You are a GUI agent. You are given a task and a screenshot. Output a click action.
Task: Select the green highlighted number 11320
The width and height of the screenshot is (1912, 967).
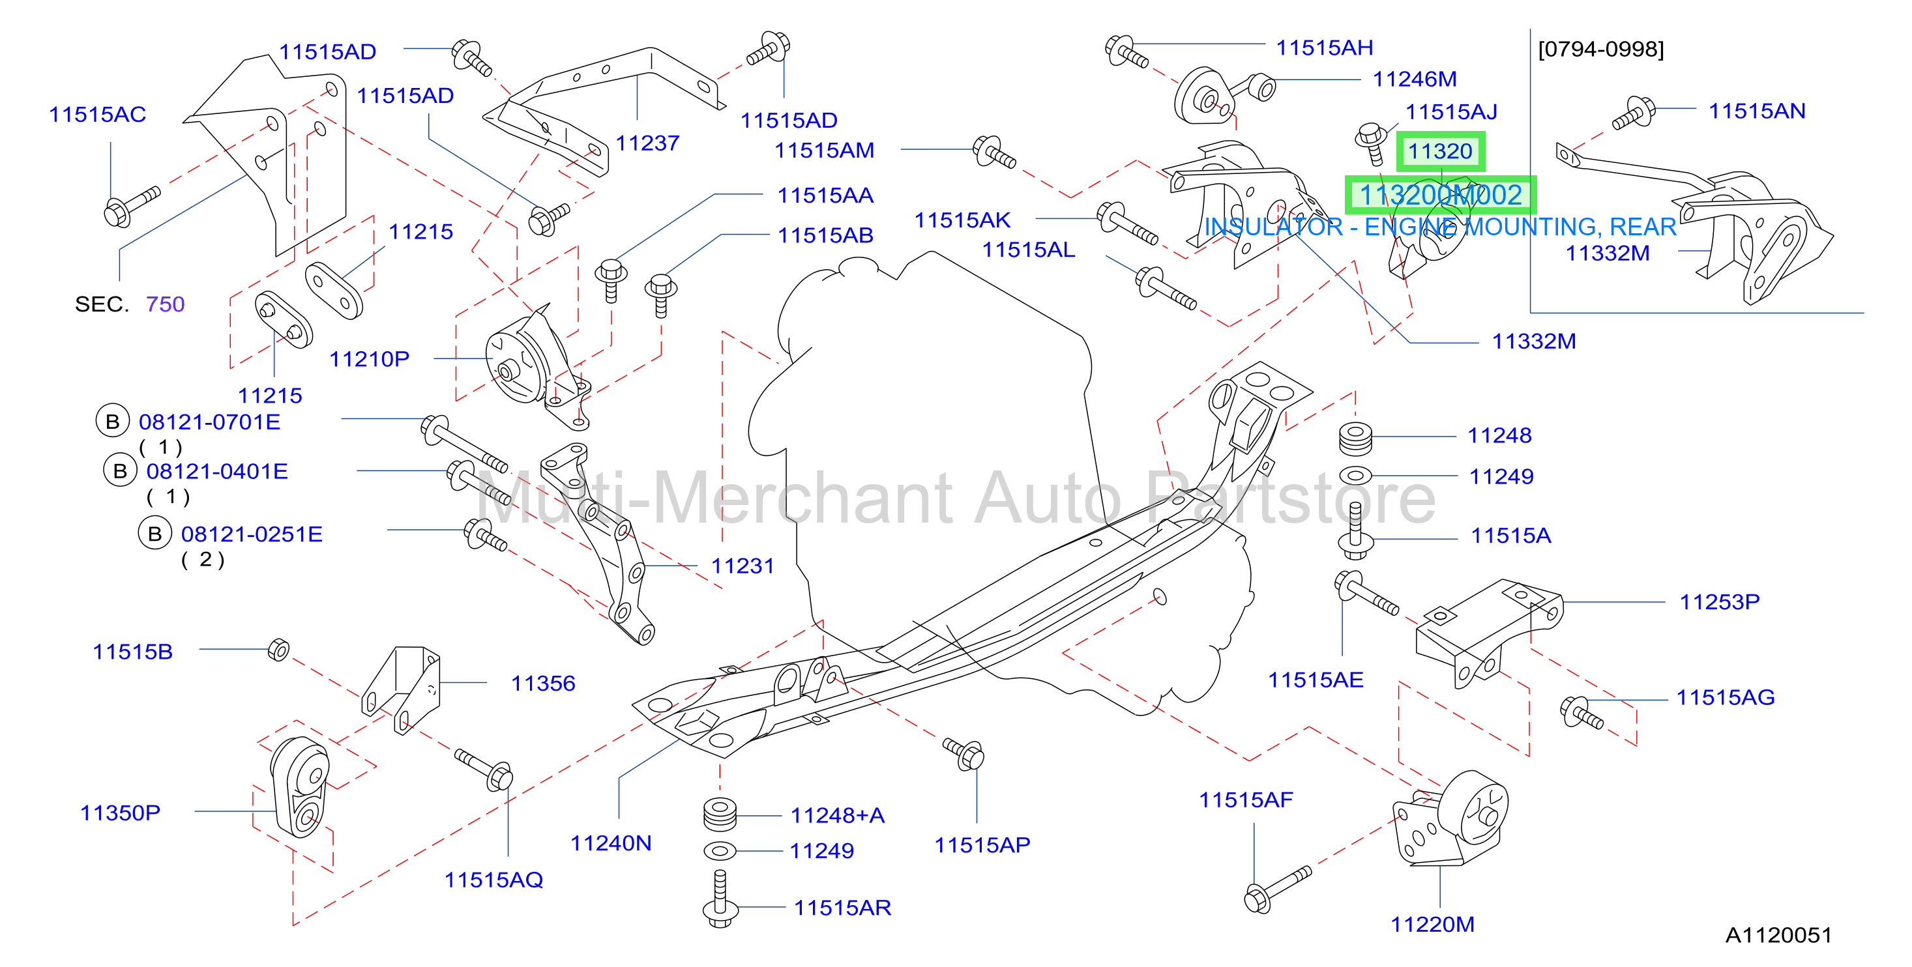[x=1440, y=151]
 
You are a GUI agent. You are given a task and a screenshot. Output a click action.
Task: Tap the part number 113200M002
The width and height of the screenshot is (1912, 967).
[x=1440, y=195]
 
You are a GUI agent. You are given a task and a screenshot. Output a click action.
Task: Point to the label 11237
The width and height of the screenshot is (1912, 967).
[x=647, y=143]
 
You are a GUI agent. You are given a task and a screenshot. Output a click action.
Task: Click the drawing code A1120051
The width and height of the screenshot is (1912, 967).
[x=1778, y=934]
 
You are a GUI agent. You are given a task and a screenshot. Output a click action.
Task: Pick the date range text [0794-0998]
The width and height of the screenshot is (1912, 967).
[x=1601, y=49]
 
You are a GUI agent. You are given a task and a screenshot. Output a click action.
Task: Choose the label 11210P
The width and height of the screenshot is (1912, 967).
[x=369, y=359]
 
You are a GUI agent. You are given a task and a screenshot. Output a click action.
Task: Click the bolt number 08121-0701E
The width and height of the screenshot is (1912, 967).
[x=209, y=422]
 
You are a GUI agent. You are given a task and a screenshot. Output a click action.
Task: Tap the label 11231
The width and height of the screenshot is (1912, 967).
[x=743, y=566]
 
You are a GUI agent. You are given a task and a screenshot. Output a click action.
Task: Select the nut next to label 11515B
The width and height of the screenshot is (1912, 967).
[x=278, y=650]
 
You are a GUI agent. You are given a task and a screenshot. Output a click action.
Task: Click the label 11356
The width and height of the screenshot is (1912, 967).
[x=542, y=684]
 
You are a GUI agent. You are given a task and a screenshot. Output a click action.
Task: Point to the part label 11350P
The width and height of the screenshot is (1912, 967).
[x=120, y=813]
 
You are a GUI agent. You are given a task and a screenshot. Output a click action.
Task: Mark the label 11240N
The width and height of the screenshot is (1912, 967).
[x=611, y=843]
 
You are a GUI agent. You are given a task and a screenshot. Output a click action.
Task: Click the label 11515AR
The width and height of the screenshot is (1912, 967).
[x=842, y=908]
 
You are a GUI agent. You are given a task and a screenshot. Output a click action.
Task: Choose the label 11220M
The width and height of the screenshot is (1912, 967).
[x=1432, y=925]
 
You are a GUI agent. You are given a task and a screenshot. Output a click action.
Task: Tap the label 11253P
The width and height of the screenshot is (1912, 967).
[x=1720, y=602]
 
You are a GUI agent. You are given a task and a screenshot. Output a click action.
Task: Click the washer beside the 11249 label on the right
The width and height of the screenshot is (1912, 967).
[x=1355, y=475]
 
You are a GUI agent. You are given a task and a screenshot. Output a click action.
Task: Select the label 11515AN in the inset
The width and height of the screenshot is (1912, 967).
[x=1757, y=111]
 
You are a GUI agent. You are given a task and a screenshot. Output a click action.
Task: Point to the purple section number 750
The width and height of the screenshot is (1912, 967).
[x=165, y=304]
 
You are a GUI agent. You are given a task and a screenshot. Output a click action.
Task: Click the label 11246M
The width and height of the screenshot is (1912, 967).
[x=1415, y=79]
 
